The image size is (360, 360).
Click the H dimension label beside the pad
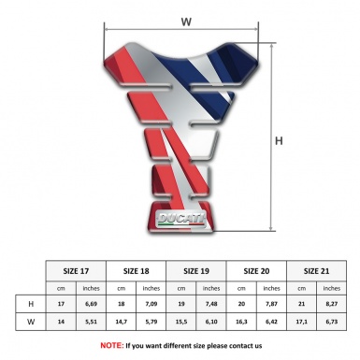279,141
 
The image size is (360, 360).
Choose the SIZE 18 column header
138,270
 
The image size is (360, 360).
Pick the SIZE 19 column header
199,270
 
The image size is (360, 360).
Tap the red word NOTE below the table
112,345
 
